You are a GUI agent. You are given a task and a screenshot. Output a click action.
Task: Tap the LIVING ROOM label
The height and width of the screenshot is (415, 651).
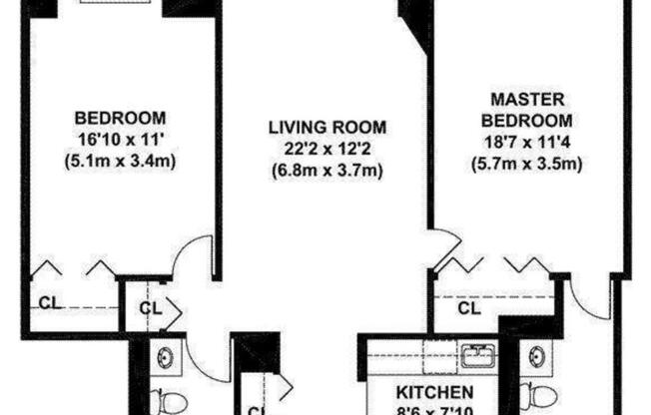coord(327,128)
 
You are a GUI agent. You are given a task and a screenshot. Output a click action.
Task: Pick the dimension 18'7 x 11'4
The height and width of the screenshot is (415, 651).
coord(525,143)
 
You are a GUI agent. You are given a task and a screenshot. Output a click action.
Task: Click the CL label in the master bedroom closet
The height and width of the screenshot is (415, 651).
coord(469,308)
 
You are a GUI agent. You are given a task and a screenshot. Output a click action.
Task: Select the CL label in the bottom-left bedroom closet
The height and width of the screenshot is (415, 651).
coord(47,302)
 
